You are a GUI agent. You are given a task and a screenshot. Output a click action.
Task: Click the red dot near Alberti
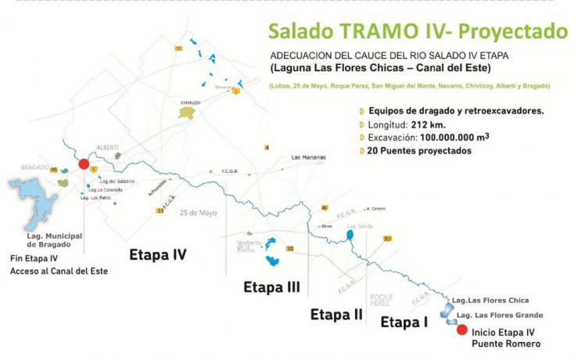(84, 164)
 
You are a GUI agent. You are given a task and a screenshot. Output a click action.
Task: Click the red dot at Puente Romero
(462, 329)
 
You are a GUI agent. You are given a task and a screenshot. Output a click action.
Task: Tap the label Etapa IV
(158, 254)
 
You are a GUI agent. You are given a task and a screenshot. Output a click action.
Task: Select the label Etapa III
(272, 286)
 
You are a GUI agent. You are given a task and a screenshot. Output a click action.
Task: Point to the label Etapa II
(336, 315)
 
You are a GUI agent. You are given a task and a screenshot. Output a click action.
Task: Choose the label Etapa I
(404, 322)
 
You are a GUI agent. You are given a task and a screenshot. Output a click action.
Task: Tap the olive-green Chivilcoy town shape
(186, 113)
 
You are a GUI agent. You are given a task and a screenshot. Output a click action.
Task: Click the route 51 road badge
(160, 211)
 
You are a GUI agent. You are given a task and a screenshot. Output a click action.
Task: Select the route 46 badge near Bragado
(54, 168)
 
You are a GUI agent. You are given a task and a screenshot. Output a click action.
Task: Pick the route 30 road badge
(289, 249)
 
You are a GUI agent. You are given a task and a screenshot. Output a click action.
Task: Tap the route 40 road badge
(324, 207)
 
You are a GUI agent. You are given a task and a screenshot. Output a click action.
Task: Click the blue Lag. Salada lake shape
(350, 234)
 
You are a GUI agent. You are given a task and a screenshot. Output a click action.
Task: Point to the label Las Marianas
(308, 157)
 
